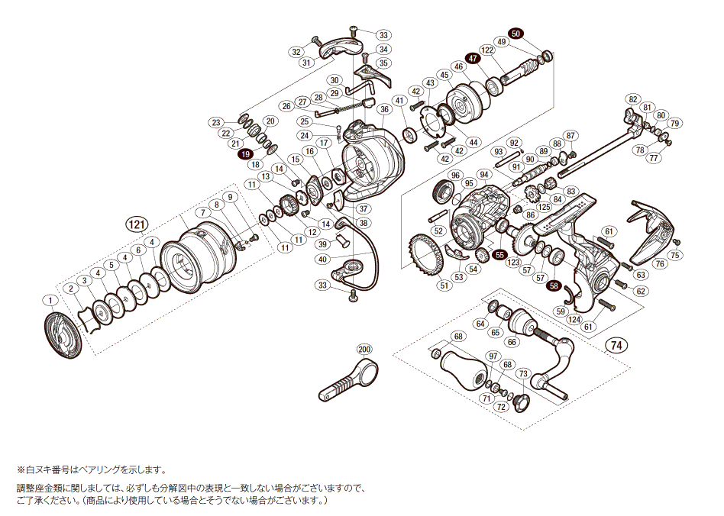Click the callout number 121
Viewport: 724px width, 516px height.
[x=136, y=224]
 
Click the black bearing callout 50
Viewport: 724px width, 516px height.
[x=516, y=34]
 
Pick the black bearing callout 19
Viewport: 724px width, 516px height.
[x=246, y=154]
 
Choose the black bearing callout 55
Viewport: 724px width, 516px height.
[x=499, y=254]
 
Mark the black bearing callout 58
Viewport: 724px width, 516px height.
[x=554, y=285]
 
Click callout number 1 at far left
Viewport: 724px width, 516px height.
[x=50, y=300]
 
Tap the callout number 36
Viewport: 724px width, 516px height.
[x=384, y=109]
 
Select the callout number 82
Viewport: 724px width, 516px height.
[x=632, y=99]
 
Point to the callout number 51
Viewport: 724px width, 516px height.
[x=444, y=285]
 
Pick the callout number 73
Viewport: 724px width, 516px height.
[x=522, y=373]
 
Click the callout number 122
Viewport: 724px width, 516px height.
[x=487, y=50]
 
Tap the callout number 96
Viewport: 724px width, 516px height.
[x=456, y=176]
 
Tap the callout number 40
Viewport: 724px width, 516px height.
[x=322, y=259]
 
